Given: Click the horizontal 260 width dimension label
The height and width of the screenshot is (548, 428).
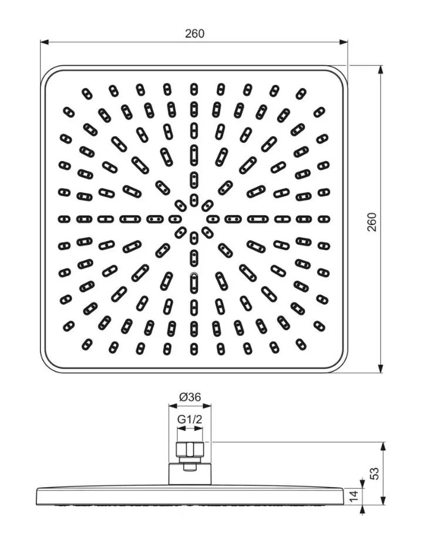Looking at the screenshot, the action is [194, 33].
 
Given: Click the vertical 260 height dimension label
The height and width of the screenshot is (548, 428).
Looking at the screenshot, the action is [372, 222].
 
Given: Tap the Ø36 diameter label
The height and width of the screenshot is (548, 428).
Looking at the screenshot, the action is [190, 397].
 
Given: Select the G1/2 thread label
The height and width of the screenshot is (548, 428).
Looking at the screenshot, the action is [190, 419].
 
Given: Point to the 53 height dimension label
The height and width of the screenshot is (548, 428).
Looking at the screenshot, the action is [375, 473].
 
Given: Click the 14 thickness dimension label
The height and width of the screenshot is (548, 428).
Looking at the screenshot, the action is [354, 496].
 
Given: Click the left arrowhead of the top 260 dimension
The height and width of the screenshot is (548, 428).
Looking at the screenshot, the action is [44, 42].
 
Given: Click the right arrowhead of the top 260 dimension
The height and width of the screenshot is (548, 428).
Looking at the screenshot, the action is [343, 42].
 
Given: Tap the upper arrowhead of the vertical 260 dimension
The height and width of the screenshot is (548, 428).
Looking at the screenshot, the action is [381, 70].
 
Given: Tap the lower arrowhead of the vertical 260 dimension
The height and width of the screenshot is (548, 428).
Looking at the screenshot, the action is [381, 369].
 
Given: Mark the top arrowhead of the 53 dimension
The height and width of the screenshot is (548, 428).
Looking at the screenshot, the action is [384, 446].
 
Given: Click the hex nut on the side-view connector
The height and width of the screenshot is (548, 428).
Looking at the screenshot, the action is [190, 450].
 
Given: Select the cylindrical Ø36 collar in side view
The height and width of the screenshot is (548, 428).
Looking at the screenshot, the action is [190, 474].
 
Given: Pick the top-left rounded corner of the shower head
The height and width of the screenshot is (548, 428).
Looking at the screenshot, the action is [49, 74].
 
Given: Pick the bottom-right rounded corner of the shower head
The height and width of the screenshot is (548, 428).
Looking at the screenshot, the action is [339, 364].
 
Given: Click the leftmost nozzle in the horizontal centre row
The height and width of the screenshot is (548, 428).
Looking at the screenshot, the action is [64, 219].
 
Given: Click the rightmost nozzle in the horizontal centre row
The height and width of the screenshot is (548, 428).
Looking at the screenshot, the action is [323, 219].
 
